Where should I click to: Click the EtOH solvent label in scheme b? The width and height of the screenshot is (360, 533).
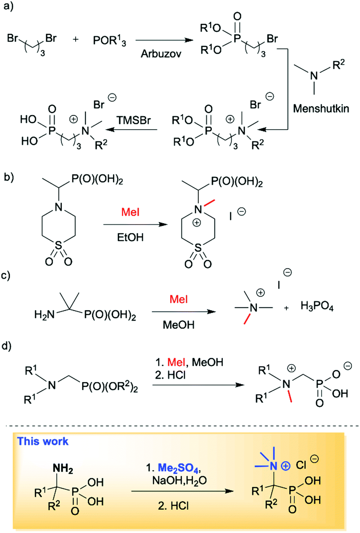click(132, 236)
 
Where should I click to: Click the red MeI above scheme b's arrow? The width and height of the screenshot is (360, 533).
click(131, 212)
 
